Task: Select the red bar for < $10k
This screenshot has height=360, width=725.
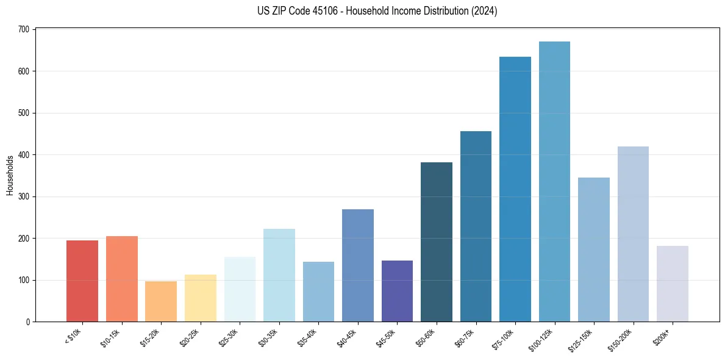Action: point(82,281)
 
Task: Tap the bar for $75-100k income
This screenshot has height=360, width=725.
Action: point(515,189)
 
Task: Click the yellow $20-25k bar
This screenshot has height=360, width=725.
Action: point(200,298)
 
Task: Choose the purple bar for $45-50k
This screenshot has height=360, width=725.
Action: point(397,291)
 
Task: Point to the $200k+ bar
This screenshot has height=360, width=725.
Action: point(672,284)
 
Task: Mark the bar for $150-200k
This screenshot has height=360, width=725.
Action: point(633,234)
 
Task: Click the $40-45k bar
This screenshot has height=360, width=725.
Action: point(358,265)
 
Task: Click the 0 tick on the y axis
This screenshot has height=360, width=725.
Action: point(28,322)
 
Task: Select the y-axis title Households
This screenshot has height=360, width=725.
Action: point(10,175)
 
